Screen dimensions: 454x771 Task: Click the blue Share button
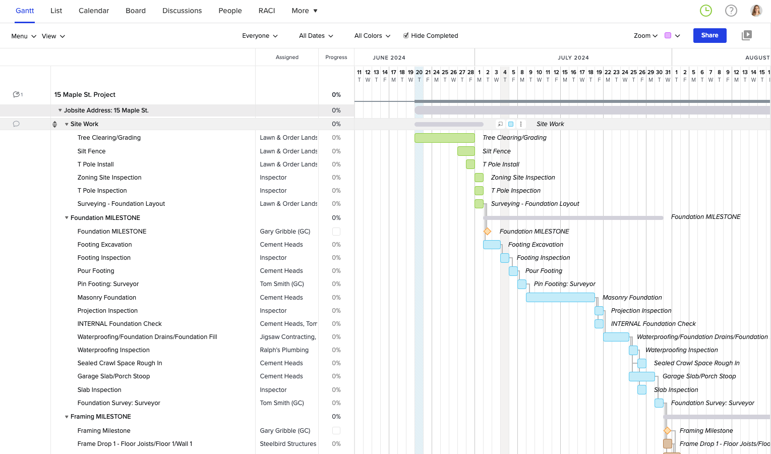click(x=709, y=35)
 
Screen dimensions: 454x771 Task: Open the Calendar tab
click(x=94, y=11)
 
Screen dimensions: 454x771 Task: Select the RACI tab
click(x=267, y=11)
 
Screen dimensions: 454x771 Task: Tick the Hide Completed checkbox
click(x=406, y=35)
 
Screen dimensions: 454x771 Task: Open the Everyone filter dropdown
click(x=260, y=36)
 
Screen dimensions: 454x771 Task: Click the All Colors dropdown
click(x=372, y=36)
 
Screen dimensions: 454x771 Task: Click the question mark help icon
click(x=731, y=11)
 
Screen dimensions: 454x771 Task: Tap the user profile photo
click(x=756, y=11)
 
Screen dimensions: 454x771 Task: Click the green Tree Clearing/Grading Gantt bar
click(x=444, y=138)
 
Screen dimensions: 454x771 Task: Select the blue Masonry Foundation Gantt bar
click(x=560, y=298)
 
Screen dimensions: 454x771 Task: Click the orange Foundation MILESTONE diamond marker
click(x=487, y=232)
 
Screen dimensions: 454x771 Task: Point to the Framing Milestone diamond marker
click(x=667, y=431)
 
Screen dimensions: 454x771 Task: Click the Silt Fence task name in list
click(x=91, y=151)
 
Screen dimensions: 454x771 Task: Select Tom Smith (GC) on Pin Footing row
click(x=282, y=284)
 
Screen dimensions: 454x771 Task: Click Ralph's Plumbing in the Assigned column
click(x=284, y=350)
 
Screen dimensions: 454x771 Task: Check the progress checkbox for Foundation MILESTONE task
click(x=336, y=232)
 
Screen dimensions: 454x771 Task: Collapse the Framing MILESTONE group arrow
click(x=67, y=417)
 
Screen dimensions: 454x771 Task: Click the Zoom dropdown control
click(x=645, y=36)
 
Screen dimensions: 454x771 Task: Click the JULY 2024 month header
click(x=573, y=58)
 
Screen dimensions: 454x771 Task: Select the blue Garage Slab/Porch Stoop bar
click(x=641, y=376)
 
